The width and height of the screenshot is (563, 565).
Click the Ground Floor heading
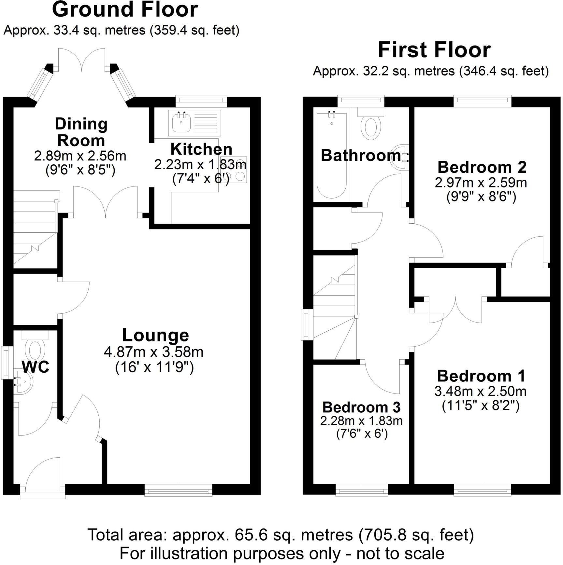125,10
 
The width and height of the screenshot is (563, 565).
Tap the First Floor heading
434,50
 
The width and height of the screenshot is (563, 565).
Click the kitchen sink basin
181,122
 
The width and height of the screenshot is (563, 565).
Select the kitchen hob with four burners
234,170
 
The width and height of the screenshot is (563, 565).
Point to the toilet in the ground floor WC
35,348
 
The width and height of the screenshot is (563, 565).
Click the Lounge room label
155,335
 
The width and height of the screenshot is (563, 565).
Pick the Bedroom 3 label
361,407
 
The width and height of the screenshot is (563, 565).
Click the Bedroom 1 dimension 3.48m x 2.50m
480,391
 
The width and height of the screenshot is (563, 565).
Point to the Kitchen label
201,149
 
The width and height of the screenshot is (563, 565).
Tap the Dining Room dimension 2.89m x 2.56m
80,156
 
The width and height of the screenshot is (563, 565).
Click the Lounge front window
178,490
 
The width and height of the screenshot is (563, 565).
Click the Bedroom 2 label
482,167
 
